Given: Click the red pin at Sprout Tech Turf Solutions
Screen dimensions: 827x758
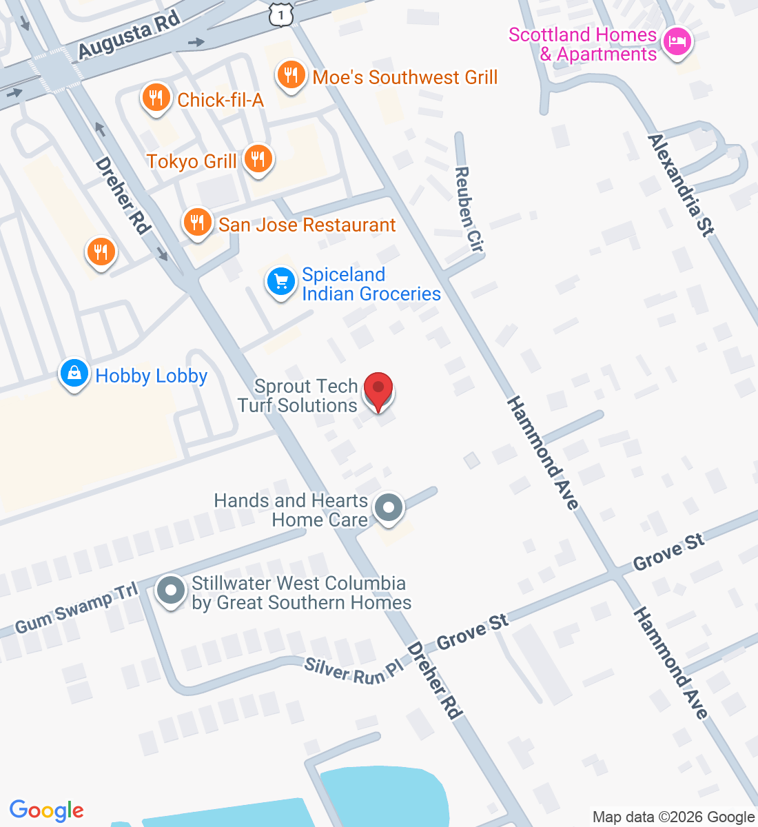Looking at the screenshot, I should point(378,390).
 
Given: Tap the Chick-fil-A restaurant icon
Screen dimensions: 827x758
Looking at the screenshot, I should point(156,98).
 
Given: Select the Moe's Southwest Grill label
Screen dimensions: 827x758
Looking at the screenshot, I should point(404,77).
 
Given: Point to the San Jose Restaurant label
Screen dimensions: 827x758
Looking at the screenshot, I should point(307,225).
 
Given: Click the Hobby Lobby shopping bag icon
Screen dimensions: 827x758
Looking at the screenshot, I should point(74,374).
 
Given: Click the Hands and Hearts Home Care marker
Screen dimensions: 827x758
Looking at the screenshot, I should point(389,509).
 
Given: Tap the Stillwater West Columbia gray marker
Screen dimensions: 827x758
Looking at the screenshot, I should point(170,591).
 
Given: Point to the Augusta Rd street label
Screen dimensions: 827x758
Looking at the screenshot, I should point(129,34).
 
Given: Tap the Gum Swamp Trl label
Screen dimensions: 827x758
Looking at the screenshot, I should point(76,607).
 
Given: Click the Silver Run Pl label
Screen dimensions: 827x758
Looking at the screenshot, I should point(354,671).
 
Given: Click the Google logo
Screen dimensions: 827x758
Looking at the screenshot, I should point(46,810).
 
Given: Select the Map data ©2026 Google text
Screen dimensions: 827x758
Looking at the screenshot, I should point(673,817).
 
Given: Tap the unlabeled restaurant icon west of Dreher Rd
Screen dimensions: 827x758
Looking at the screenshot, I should point(101,252).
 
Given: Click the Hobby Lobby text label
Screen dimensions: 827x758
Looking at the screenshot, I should point(152,376).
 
